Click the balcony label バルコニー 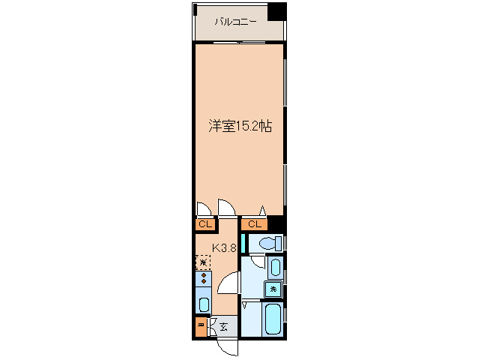(x=236, y=22)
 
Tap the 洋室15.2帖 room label (x=240, y=127)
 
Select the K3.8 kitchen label (x=225, y=247)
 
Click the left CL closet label (x=205, y=224)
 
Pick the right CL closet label (x=254, y=224)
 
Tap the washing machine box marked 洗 (x=273, y=289)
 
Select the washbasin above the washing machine (x=274, y=267)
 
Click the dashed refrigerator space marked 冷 (x=203, y=262)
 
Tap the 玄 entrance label (x=224, y=325)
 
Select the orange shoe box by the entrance (x=202, y=326)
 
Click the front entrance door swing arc (x=227, y=346)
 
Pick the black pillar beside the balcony (x=277, y=11)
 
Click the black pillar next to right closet (x=276, y=223)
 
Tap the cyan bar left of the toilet (x=243, y=244)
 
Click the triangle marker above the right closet (x=262, y=211)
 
